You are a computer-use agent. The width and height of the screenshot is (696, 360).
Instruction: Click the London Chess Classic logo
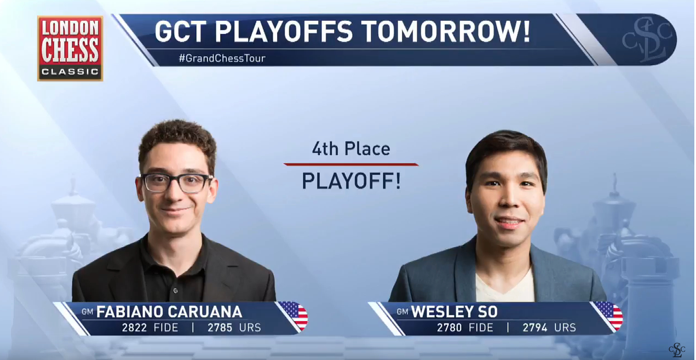(70, 49)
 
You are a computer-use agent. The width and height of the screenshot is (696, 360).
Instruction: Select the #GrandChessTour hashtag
(222, 58)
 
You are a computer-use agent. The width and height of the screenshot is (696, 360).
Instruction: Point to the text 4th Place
(351, 149)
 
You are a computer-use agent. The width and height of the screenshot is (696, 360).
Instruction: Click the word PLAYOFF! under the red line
(352, 181)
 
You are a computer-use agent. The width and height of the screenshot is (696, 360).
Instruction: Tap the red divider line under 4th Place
(351, 164)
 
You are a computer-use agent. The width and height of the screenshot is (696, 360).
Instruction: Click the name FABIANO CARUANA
(169, 312)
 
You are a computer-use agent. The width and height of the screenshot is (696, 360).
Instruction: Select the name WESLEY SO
(455, 312)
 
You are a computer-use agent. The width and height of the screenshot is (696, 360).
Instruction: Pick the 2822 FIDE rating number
(134, 328)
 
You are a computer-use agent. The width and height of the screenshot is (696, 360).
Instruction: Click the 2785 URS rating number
(220, 328)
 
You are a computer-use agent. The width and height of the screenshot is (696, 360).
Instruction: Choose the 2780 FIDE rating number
(449, 328)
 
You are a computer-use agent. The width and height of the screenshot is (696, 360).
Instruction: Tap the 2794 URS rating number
(535, 328)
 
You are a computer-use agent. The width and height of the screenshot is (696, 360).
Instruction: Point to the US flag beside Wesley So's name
(609, 315)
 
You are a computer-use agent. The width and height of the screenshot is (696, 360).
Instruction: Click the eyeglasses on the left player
(176, 184)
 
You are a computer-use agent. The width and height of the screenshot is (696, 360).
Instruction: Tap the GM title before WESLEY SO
(402, 311)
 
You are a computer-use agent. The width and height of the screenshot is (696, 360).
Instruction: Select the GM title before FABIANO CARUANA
(87, 311)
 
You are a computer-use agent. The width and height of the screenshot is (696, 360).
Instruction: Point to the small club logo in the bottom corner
(677, 350)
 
